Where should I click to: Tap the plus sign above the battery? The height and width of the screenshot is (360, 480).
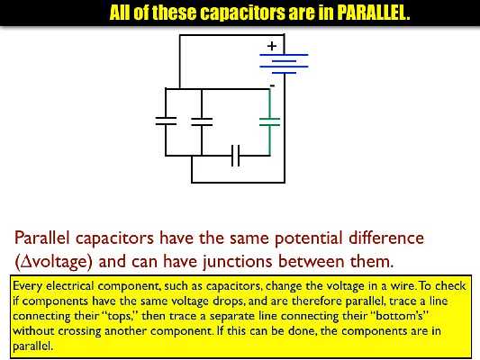point(271,45)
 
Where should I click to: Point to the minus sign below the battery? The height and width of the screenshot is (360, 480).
point(272,85)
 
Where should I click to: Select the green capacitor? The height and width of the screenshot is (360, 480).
point(270,121)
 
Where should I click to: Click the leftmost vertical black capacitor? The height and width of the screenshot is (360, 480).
point(166,121)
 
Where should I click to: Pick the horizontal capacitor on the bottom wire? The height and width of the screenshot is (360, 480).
point(236,156)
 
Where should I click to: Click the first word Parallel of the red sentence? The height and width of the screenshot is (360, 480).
point(44,238)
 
